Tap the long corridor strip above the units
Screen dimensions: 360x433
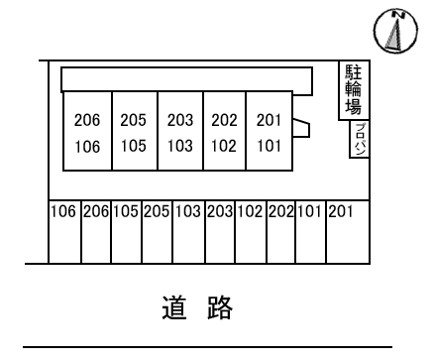(x=187, y=78)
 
